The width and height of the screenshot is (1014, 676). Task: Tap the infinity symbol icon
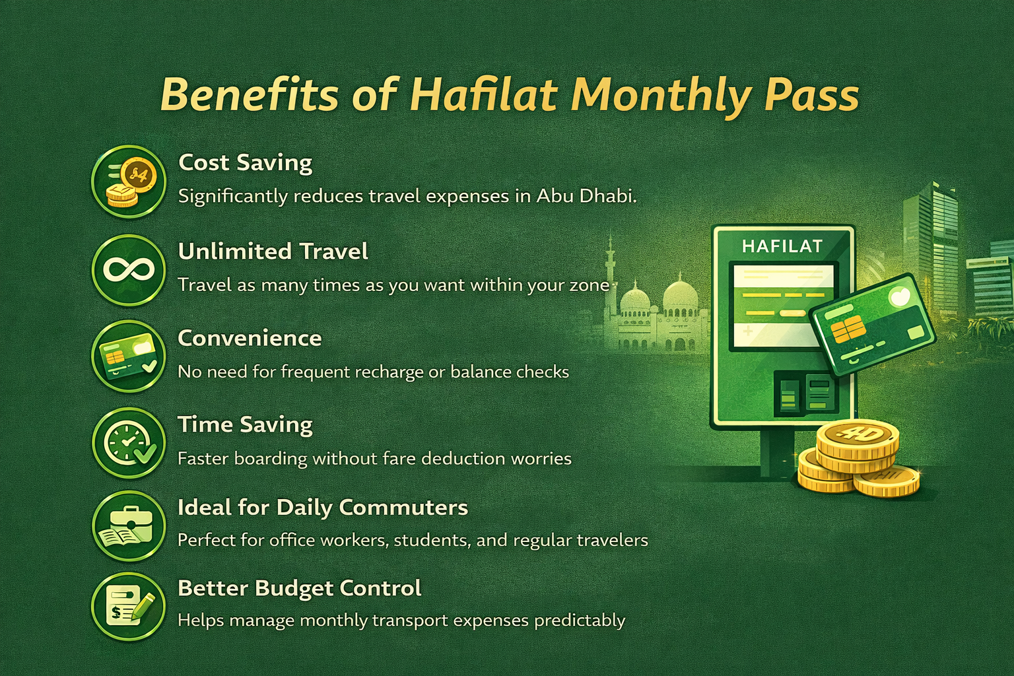[128, 269]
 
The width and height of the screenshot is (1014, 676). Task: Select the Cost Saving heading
[245, 162]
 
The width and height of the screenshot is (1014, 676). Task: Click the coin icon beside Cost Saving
[128, 181]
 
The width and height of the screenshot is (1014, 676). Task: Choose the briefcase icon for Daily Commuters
[128, 526]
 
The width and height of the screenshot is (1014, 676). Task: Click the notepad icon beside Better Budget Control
[128, 606]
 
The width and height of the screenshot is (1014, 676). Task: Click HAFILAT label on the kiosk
[782, 246]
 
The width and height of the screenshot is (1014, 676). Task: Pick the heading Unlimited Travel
[273, 252]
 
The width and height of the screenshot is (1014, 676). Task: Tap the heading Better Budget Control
[299, 588]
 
